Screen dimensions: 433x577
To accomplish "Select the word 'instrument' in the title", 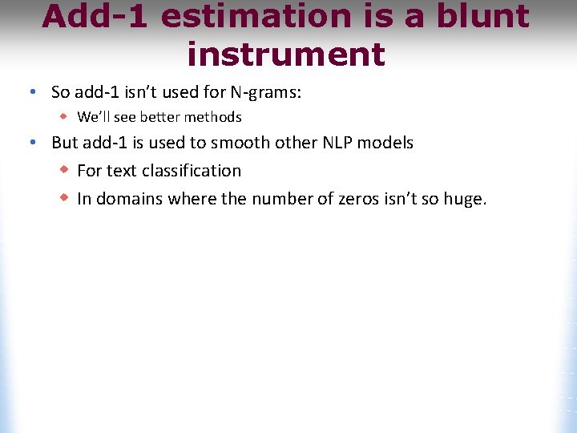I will pos(286,55).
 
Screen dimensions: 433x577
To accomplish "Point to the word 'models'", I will pos(385,144).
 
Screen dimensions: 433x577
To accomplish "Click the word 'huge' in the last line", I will pos(464,200).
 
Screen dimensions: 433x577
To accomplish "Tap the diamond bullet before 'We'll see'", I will pos(65,116).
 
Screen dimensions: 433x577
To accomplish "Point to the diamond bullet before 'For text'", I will pos(65,170).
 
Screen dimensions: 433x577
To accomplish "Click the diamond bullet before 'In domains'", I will pos(65,197).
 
